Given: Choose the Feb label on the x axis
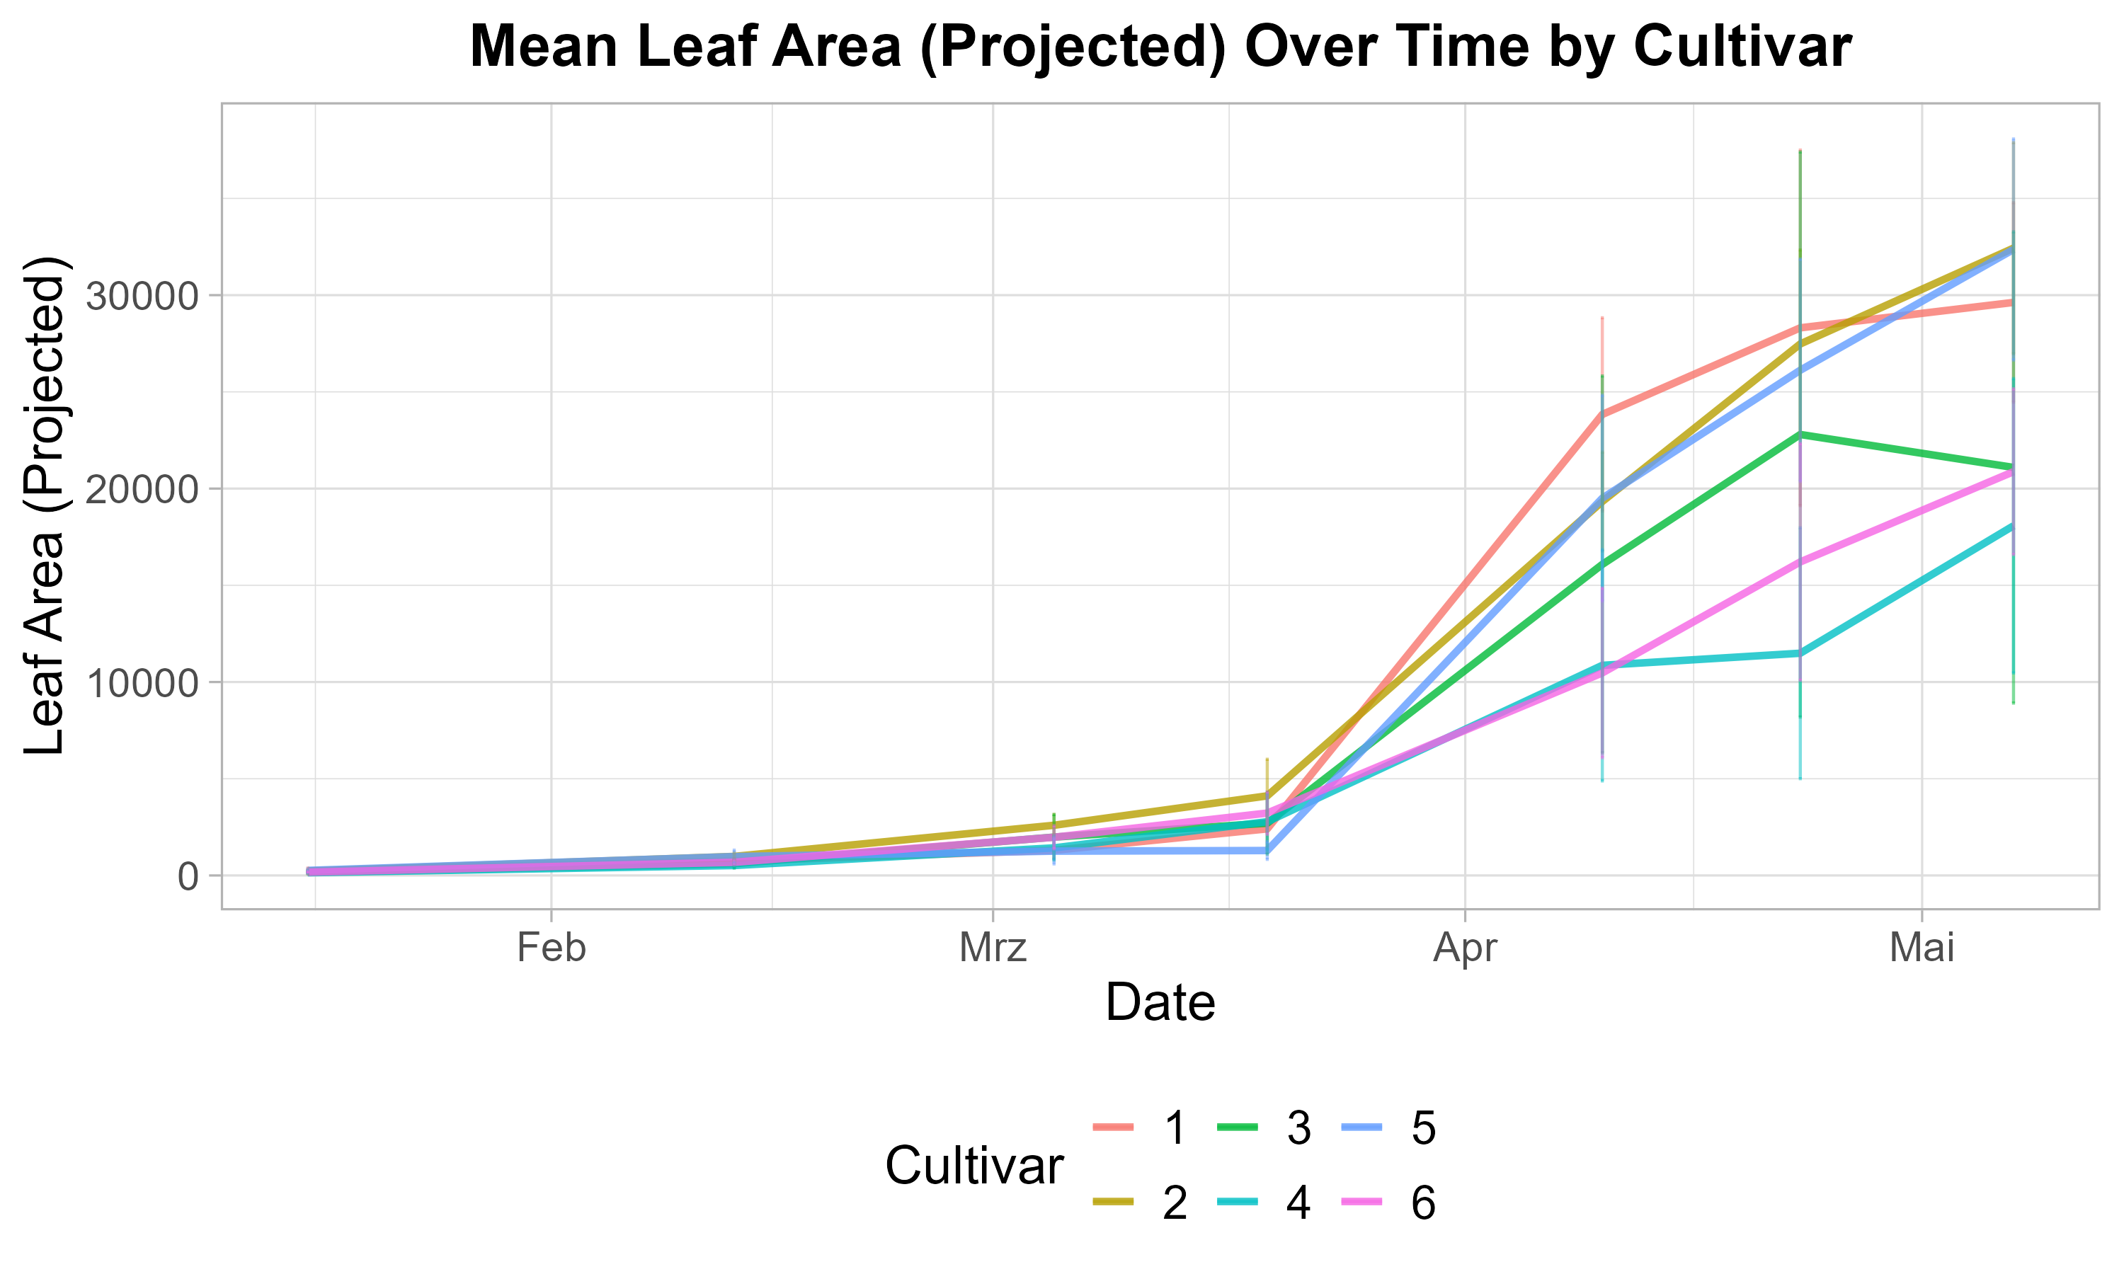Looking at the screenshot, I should (x=551, y=948).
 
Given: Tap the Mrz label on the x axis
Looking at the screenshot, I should (x=993, y=948).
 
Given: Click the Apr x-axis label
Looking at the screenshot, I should (x=1465, y=948).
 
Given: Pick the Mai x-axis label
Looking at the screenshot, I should (x=1922, y=948).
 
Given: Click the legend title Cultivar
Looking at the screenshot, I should (x=974, y=1166).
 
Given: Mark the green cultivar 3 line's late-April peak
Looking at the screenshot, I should (x=1800, y=435).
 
